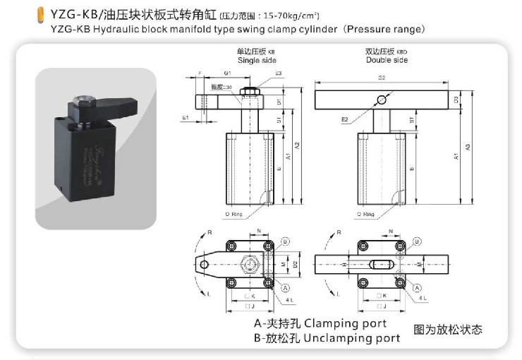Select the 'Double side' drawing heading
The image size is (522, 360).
pos(387,61)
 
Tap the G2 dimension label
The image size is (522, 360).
pos(382,78)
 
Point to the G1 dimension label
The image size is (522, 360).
pos(227,73)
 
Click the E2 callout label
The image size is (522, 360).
pos(345,119)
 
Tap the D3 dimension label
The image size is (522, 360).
pos(456,100)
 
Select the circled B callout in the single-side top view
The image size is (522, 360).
pos(286,241)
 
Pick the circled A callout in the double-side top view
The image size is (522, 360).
pos(417,287)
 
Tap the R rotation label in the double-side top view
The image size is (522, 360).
pos(339,232)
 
